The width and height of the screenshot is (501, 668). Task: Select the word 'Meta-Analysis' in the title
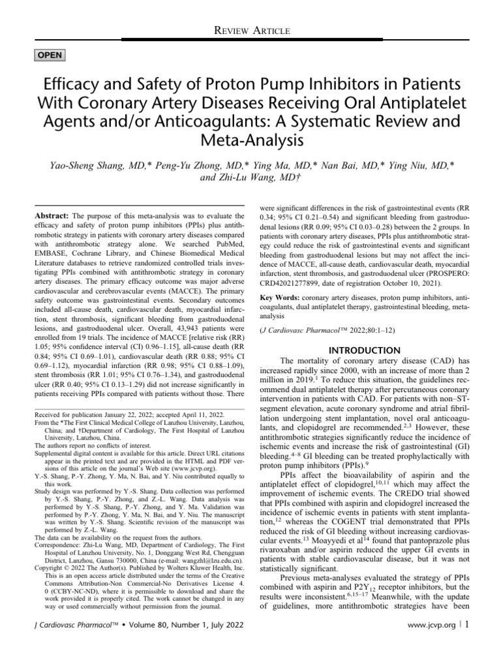(250, 140)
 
